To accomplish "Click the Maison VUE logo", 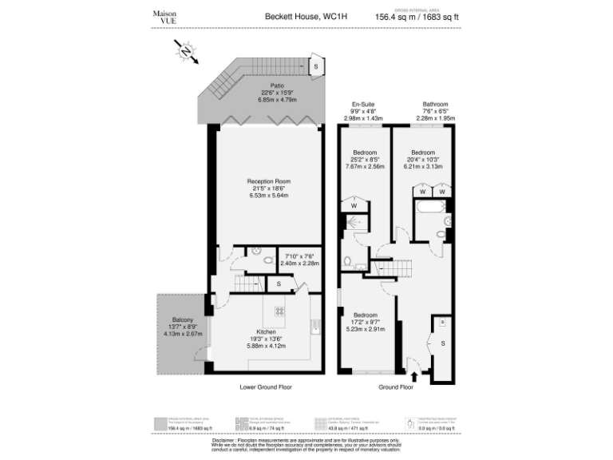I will click(164, 17).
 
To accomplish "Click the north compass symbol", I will click(186, 54).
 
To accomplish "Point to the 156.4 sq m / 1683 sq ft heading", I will click(417, 17).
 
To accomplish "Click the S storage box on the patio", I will click(316, 66).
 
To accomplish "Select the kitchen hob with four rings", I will click(282, 311).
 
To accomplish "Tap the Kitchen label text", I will click(266, 331).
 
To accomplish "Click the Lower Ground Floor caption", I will click(266, 387).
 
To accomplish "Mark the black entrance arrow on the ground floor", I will click(413, 367).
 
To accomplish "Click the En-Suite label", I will click(363, 105).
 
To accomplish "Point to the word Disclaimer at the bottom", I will click(229, 439).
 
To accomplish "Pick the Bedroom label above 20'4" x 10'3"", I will click(422, 152).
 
